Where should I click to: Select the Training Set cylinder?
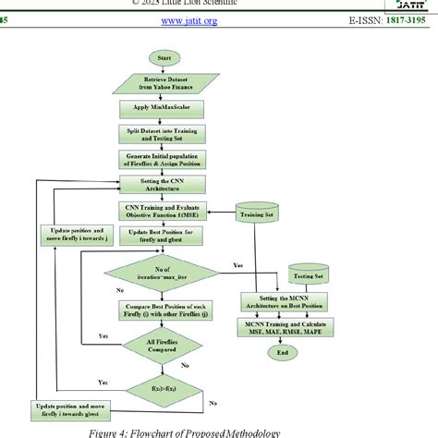tap(257, 214)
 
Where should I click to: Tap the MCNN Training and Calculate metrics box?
tap(288, 330)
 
